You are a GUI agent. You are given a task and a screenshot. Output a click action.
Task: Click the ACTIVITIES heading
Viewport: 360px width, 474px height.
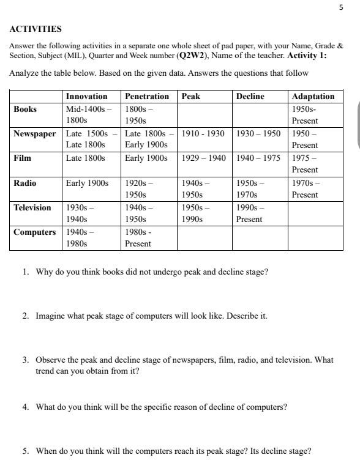click(x=36, y=29)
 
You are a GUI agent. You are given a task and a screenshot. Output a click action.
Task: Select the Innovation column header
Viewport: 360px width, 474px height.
click(x=86, y=97)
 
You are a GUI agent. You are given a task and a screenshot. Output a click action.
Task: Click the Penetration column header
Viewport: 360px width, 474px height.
click(x=146, y=97)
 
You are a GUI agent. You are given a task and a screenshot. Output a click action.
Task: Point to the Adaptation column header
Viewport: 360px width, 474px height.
click(x=313, y=97)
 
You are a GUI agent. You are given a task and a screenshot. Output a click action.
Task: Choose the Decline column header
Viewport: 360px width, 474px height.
click(x=250, y=97)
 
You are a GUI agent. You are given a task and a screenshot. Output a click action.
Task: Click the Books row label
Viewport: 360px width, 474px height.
click(x=25, y=109)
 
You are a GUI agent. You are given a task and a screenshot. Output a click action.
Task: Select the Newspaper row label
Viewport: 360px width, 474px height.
click(x=36, y=133)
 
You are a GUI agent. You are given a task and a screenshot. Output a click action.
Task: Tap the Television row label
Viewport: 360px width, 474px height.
click(x=33, y=207)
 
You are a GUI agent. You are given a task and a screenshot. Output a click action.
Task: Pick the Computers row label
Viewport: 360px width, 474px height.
click(x=35, y=232)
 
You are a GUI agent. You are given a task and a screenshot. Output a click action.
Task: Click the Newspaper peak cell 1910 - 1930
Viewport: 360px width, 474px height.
click(x=203, y=133)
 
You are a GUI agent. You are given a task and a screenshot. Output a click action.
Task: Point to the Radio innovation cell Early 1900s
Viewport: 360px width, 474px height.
click(x=87, y=183)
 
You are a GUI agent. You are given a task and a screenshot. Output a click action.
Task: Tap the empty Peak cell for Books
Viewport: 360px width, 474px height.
click(x=204, y=115)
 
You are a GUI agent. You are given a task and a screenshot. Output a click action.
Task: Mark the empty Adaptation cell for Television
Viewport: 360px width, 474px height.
click(x=313, y=213)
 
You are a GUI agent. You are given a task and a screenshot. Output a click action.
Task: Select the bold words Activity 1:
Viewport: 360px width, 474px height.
click(x=311, y=56)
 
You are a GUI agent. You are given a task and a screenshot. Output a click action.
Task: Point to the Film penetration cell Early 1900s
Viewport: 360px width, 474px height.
click(x=146, y=158)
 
